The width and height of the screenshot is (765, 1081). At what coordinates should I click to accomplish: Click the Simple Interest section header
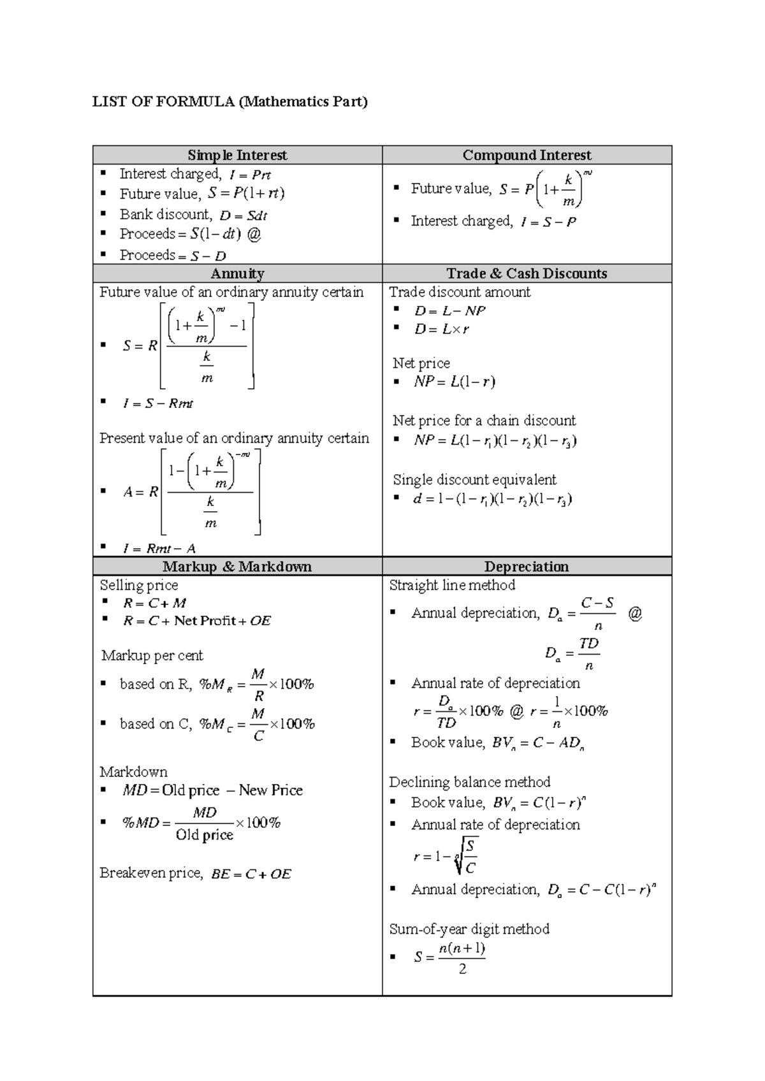[x=237, y=156]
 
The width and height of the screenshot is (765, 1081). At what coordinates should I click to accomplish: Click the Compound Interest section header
[x=527, y=156]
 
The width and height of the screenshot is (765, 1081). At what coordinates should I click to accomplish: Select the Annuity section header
[x=237, y=273]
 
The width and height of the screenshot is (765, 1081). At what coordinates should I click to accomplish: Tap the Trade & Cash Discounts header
[x=527, y=273]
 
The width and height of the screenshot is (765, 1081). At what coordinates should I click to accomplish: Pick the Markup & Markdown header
[x=237, y=567]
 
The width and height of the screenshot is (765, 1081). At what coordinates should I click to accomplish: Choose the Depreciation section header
[x=527, y=567]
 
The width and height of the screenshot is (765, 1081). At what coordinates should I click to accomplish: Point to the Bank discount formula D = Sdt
[x=243, y=215]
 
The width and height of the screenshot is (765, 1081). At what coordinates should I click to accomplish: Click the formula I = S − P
[x=548, y=222]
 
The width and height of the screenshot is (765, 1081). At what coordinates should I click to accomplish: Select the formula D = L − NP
[x=449, y=311]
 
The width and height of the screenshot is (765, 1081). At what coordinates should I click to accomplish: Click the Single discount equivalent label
[x=474, y=479]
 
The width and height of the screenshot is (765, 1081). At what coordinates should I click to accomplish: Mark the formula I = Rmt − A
[x=159, y=549]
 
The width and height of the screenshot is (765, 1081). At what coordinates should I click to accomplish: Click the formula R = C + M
[x=154, y=603]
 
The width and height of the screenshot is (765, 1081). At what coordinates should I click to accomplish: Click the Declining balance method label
[x=469, y=782]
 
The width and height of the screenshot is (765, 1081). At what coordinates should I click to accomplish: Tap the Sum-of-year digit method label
[x=469, y=929]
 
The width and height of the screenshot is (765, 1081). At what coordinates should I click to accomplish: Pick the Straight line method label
[x=452, y=585]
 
